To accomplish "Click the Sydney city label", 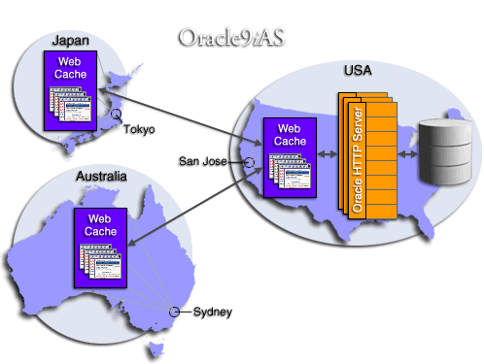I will pyautogui.click(x=212, y=312).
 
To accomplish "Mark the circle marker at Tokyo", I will pyautogui.click(x=116, y=116).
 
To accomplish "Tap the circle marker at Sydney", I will pyautogui.click(x=175, y=312).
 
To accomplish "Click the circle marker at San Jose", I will pyautogui.click(x=248, y=162).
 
